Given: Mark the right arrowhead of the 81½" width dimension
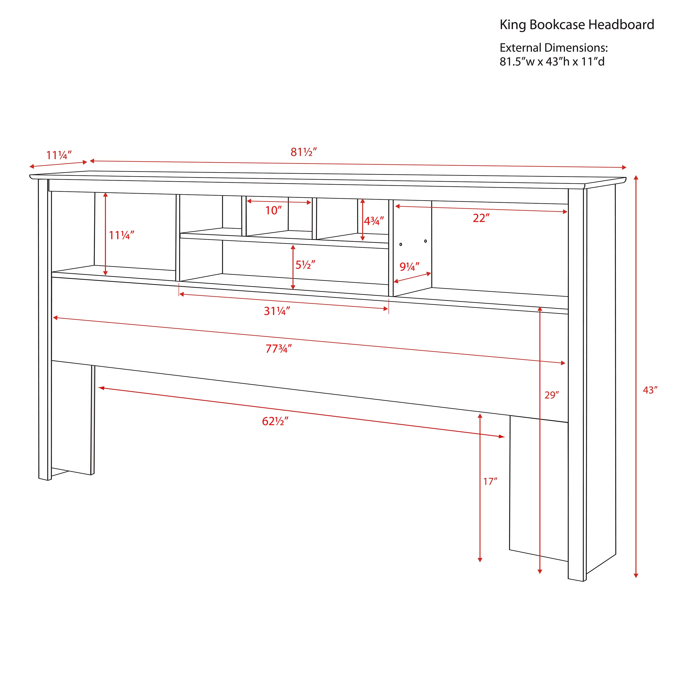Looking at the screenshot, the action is (x=624, y=167).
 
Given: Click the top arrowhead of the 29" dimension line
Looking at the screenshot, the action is (x=540, y=309).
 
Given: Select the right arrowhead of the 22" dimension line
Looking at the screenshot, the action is (x=565, y=212).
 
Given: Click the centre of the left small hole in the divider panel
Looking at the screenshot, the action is (x=401, y=244).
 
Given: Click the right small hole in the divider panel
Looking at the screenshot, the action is (x=426, y=241).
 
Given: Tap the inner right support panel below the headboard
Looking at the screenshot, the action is (x=538, y=489).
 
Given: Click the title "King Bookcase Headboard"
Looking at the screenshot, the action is (x=577, y=25).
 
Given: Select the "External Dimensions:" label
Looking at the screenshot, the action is (x=554, y=48).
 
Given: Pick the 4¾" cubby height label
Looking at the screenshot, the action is (x=374, y=221).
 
